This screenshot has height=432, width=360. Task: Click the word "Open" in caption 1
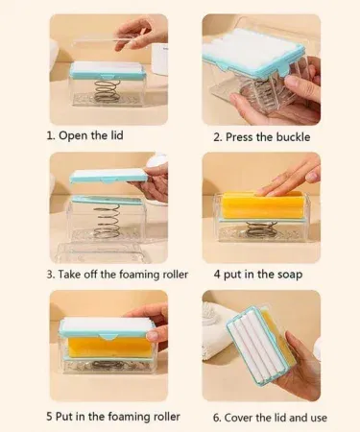click(x=73, y=135)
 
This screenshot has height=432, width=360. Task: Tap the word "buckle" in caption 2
click(x=293, y=137)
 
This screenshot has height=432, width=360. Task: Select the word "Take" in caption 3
click(x=69, y=275)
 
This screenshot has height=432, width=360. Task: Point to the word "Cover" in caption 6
click(x=238, y=418)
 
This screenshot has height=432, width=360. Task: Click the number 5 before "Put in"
click(x=49, y=417)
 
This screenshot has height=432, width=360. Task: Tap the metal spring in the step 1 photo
click(x=108, y=90)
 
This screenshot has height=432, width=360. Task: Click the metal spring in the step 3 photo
click(x=108, y=222)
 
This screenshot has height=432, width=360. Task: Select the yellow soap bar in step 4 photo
click(x=263, y=204)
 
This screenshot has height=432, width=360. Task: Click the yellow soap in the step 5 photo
click(x=109, y=348)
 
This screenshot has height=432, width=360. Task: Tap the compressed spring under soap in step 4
click(x=261, y=229)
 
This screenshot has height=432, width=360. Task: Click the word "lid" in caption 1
click(x=117, y=135)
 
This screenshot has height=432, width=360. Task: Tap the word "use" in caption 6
click(x=318, y=418)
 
